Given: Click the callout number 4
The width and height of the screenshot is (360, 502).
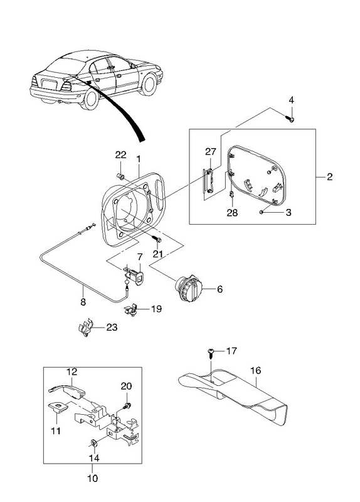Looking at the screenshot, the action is coord(291,100).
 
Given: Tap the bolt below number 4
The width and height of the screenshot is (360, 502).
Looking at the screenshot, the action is coord(290,119).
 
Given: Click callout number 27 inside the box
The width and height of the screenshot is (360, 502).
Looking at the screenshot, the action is coord(211,151).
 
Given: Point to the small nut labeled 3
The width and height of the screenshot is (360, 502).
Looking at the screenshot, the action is coord(262,211).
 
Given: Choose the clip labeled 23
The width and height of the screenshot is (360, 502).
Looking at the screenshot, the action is coord(85,327).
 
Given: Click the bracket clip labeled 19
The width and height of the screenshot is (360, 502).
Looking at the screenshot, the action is coord(131,309).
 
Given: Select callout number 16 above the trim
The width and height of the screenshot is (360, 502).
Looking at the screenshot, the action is coord(256,370).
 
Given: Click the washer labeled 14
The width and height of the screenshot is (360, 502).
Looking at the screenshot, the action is coord(93,443).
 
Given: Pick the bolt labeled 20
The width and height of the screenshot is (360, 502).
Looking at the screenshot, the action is coord(127,405).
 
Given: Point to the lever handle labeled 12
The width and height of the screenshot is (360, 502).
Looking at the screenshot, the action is coord(66,389).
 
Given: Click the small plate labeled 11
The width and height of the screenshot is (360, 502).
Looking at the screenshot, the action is coord(58,407).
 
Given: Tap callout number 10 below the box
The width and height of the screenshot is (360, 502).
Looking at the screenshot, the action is coord(92,478).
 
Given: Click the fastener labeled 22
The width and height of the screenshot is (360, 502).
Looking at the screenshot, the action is coord(121,176).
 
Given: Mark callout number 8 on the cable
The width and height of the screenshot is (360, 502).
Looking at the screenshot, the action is coord(83,302).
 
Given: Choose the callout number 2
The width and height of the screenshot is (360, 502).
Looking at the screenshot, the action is coord(330,177).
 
